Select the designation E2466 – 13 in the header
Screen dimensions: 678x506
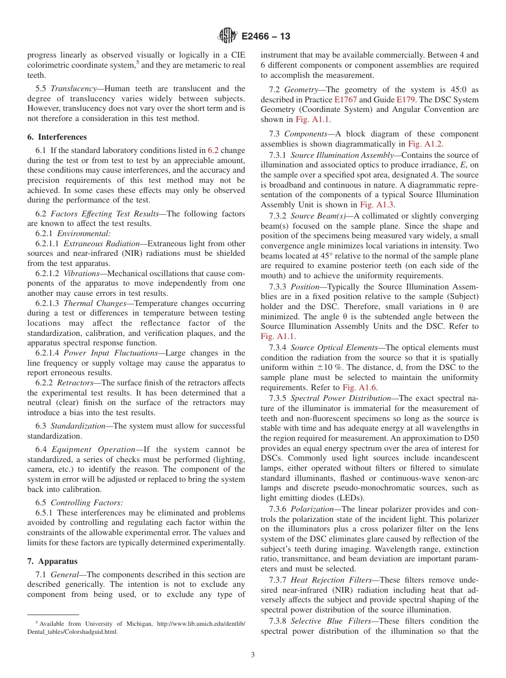(266, 37)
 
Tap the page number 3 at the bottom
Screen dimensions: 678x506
(253, 655)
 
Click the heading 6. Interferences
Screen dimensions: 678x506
(57, 137)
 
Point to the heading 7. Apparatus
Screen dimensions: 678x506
(52, 561)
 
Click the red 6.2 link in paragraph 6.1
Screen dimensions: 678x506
(213, 150)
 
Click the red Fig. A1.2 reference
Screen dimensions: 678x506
(425, 144)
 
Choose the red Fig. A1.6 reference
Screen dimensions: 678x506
(360, 388)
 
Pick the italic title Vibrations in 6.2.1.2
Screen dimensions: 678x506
(81, 273)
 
